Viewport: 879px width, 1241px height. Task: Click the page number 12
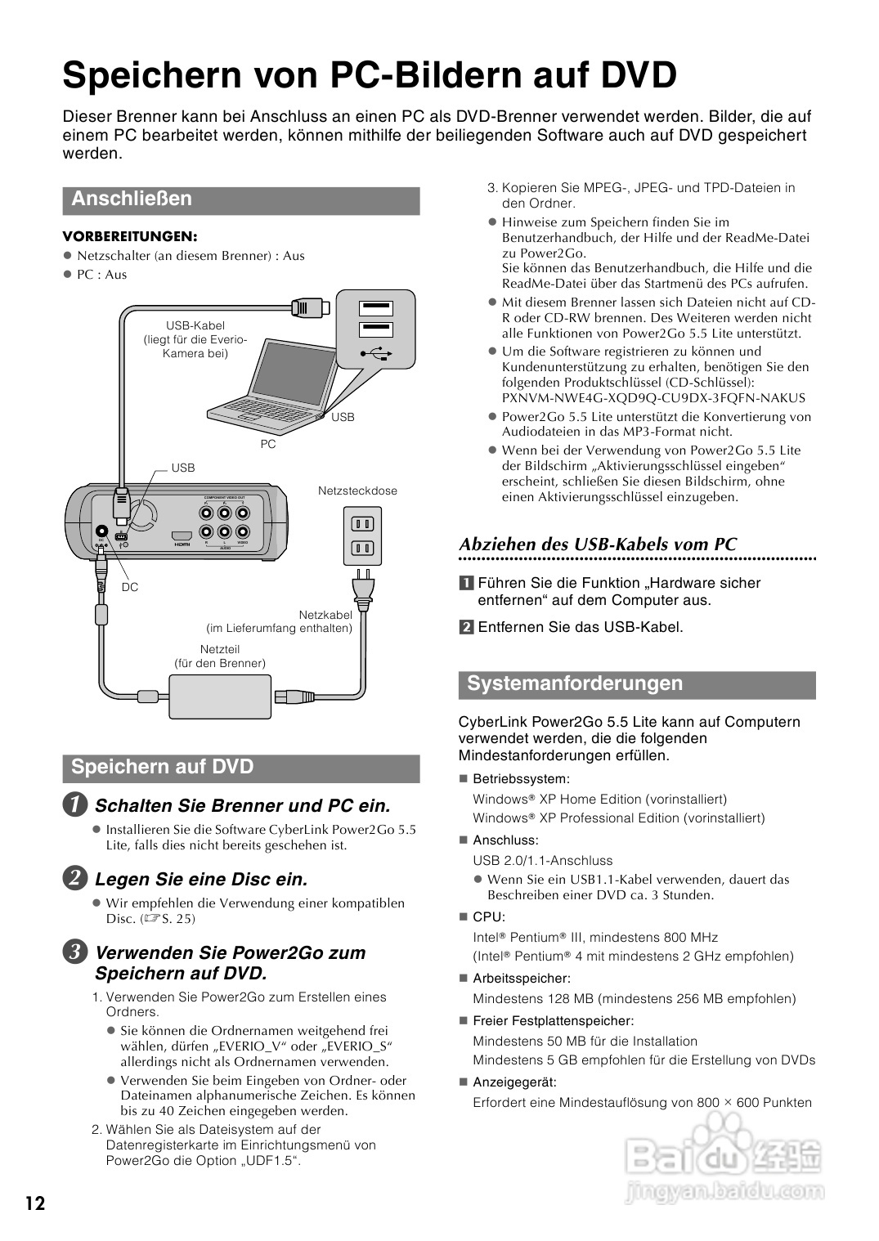tap(35, 1203)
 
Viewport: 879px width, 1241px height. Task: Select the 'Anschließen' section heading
tap(132, 199)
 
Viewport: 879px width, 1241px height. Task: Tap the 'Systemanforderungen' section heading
tap(574, 683)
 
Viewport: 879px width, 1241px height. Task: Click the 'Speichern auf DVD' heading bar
tap(162, 767)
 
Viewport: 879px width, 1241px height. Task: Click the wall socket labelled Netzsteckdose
tap(361, 535)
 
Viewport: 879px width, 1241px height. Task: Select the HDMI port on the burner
tap(181, 537)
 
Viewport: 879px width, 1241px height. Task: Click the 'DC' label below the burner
tap(130, 587)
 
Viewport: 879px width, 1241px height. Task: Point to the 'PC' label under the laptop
tap(268, 444)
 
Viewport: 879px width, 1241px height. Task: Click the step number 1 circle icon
tap(74, 805)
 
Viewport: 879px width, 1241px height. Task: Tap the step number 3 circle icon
tap(74, 952)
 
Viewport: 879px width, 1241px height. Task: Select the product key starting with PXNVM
tap(653, 398)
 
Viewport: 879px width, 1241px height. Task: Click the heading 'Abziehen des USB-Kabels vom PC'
tap(598, 544)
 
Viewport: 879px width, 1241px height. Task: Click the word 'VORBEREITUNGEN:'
tap(130, 236)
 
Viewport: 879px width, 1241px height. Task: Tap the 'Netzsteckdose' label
tap(357, 491)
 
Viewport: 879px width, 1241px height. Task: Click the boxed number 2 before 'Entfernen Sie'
tap(466, 628)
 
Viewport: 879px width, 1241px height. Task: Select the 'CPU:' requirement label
tap(489, 917)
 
